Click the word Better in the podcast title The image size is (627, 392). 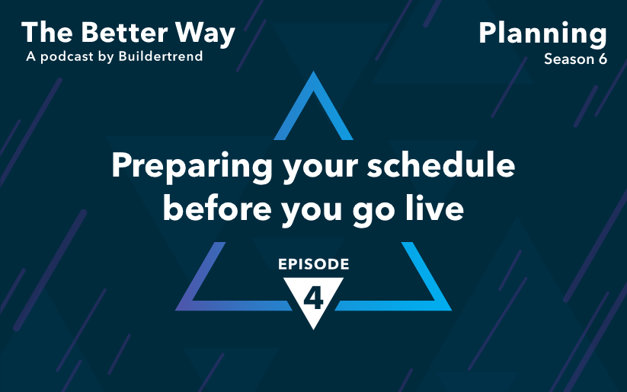pyautogui.click(x=125, y=33)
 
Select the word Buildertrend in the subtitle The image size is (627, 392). pyautogui.click(x=161, y=56)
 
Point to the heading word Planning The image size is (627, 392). pyautogui.click(x=543, y=35)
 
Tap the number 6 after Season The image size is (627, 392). pyautogui.click(x=603, y=59)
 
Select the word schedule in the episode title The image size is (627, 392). pyautogui.click(x=441, y=164)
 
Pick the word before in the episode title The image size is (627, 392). pyautogui.click(x=217, y=208)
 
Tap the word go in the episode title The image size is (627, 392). pyautogui.click(x=374, y=212)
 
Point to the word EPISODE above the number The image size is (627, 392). pyautogui.click(x=314, y=264)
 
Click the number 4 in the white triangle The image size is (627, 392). pyautogui.click(x=314, y=298)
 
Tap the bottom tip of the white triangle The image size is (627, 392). pyautogui.click(x=314, y=330)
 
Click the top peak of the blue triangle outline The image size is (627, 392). pyautogui.click(x=313, y=72)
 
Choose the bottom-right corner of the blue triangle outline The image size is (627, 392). pyautogui.click(x=452, y=311)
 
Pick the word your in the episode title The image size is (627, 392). pyautogui.click(x=320, y=170)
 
